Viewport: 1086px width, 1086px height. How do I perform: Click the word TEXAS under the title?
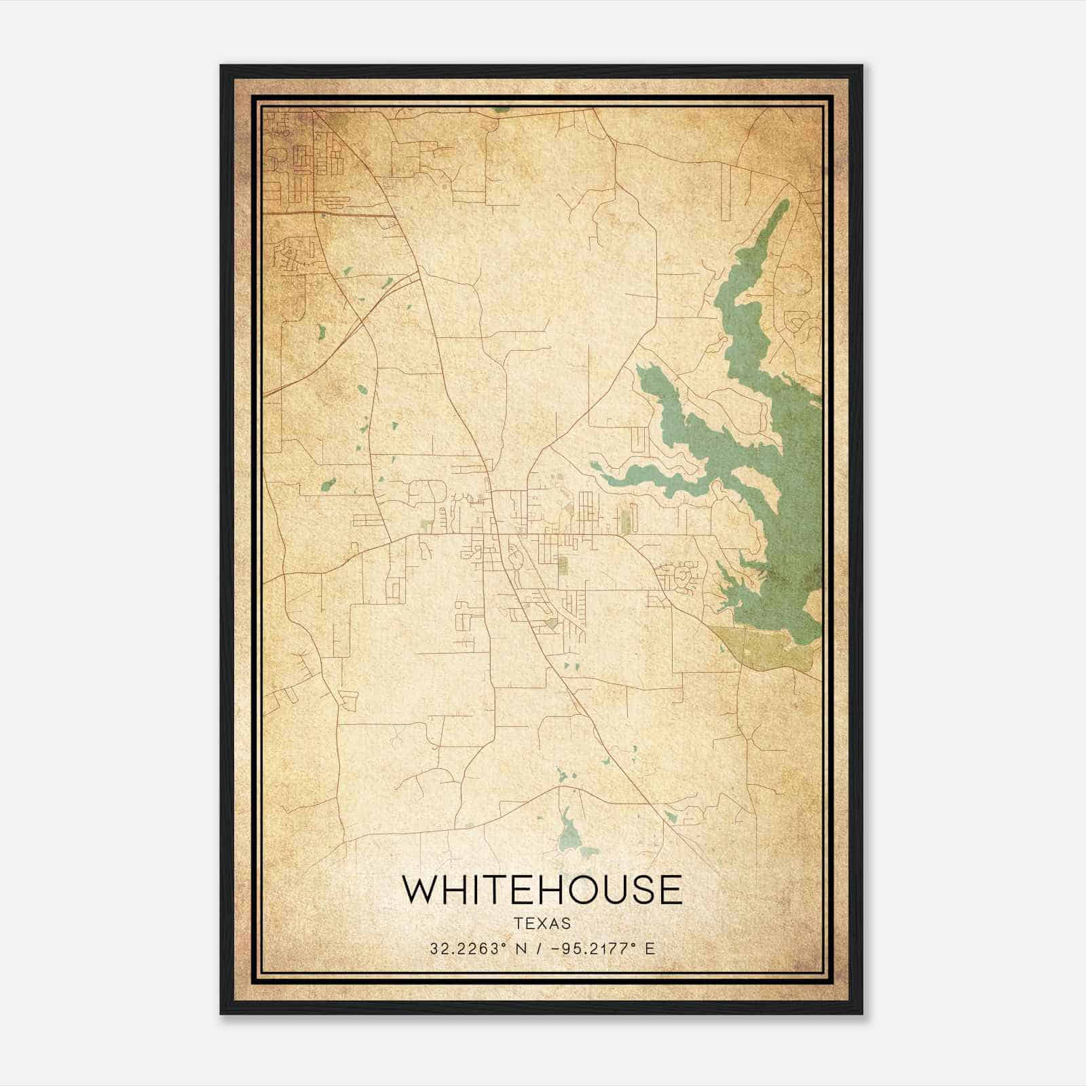click(x=542, y=924)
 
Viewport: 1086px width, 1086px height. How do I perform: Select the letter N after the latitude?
click(x=521, y=949)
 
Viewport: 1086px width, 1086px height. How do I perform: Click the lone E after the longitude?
click(x=650, y=949)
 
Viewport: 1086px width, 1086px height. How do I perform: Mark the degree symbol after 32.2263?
click(x=504, y=944)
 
